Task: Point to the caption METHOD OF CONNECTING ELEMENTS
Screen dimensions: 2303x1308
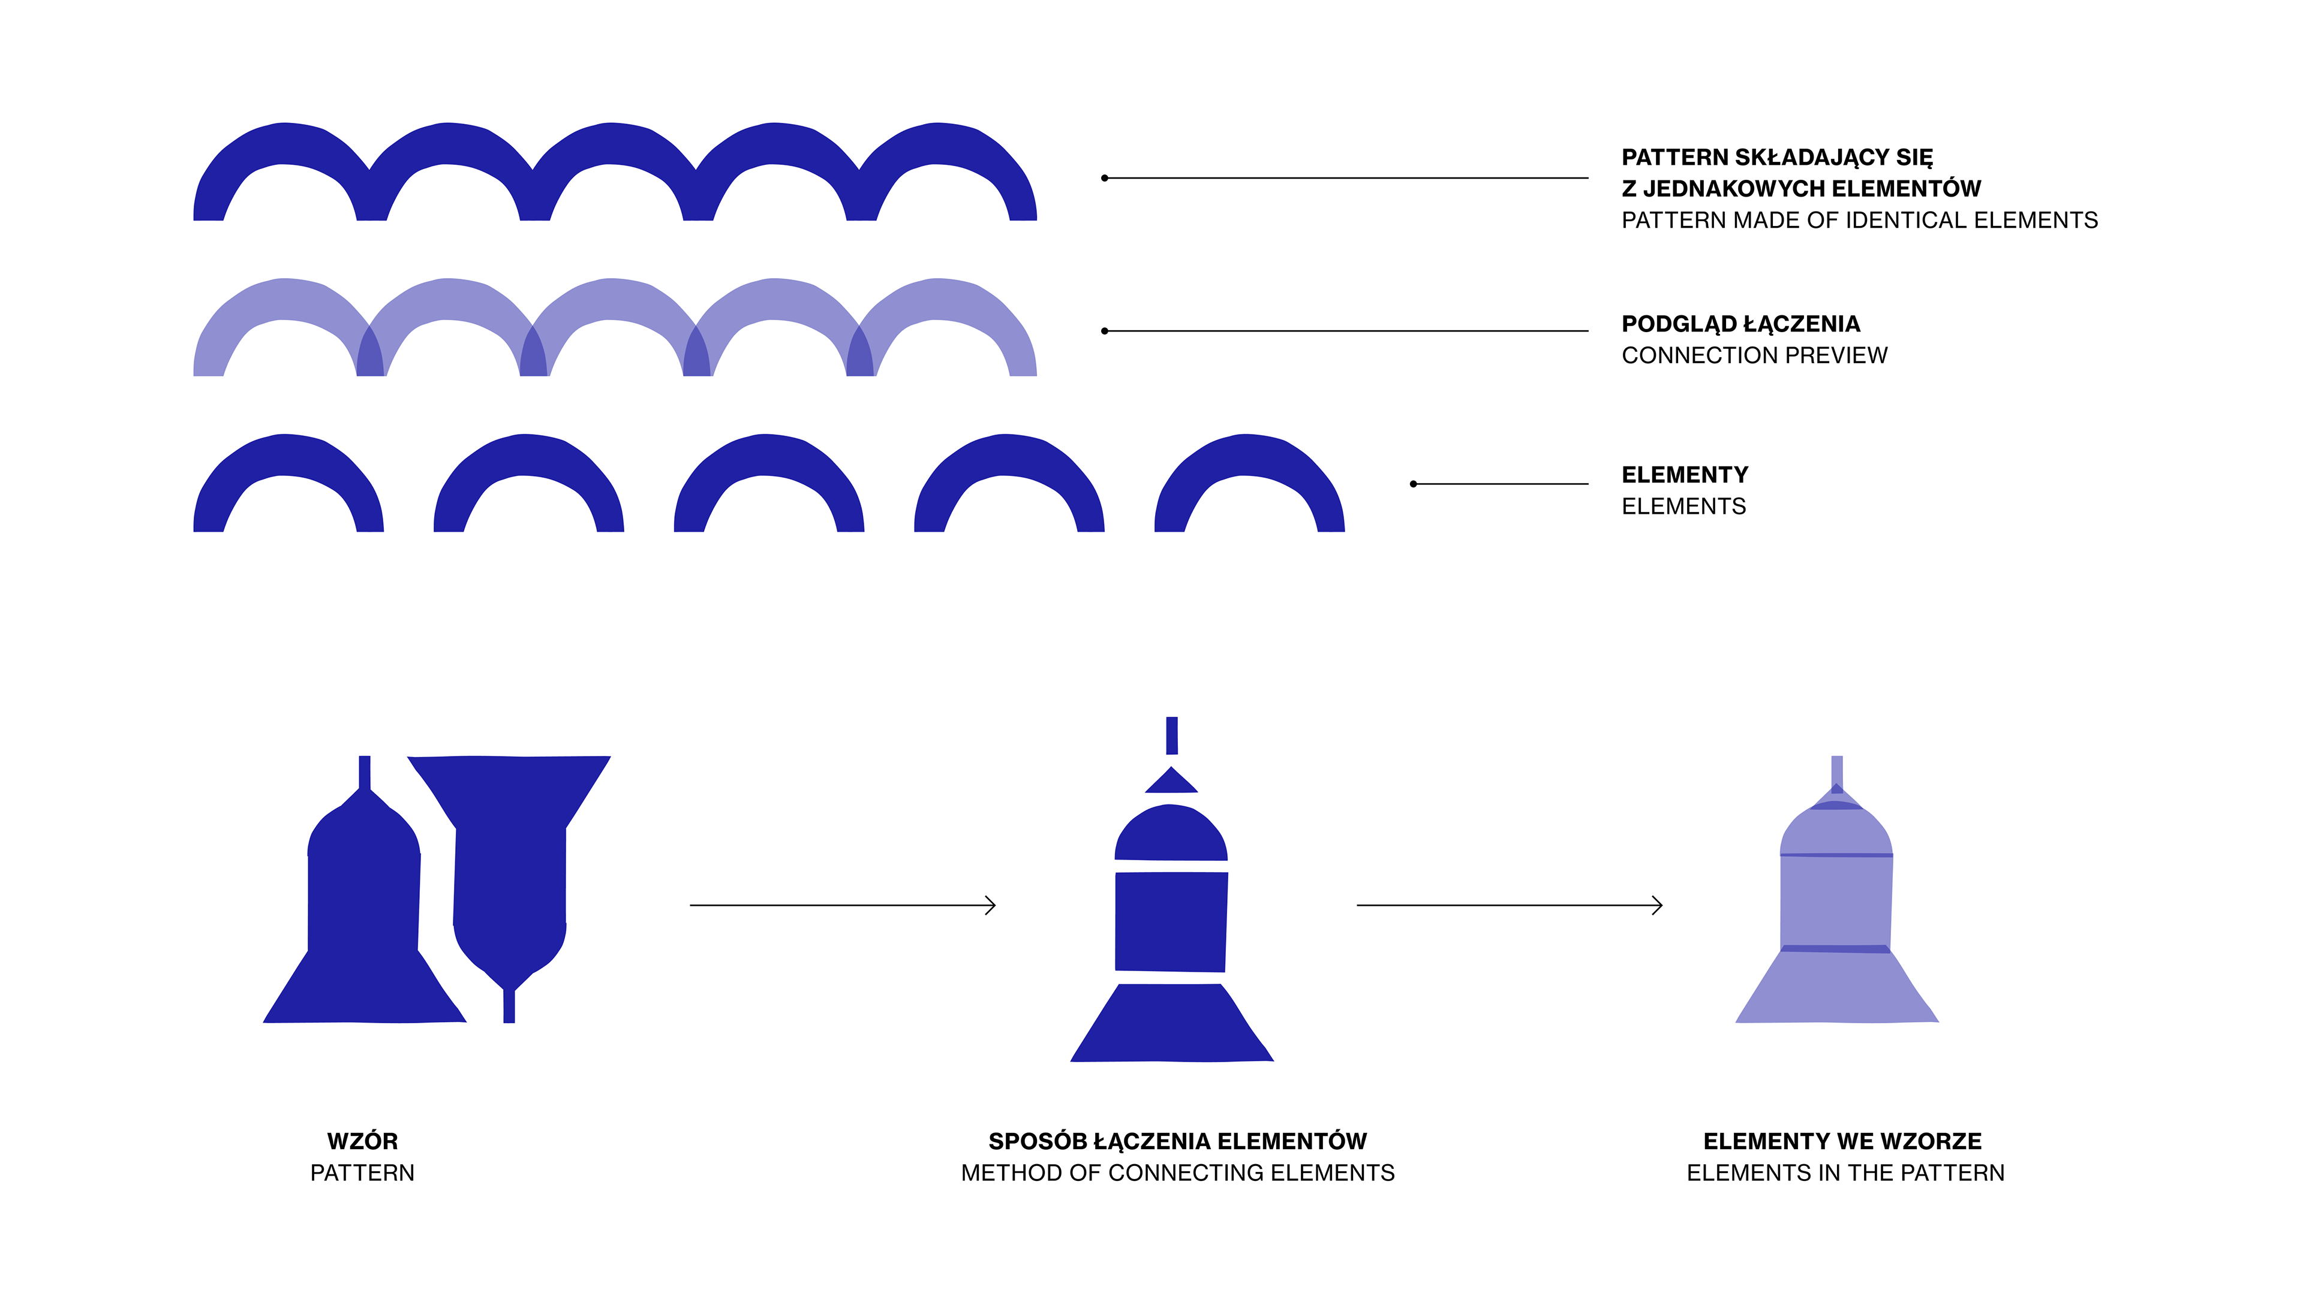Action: (x=1177, y=1173)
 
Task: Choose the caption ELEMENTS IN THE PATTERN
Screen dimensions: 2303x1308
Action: (x=1845, y=1173)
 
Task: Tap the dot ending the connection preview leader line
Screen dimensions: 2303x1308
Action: (x=1104, y=331)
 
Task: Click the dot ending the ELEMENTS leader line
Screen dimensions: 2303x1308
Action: (x=1414, y=484)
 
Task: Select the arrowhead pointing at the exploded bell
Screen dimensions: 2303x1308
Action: (x=991, y=906)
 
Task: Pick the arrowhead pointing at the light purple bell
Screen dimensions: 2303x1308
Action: (x=1658, y=906)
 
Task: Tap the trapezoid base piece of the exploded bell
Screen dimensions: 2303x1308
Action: (x=1171, y=1024)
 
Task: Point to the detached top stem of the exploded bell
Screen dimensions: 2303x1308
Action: (x=1172, y=736)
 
